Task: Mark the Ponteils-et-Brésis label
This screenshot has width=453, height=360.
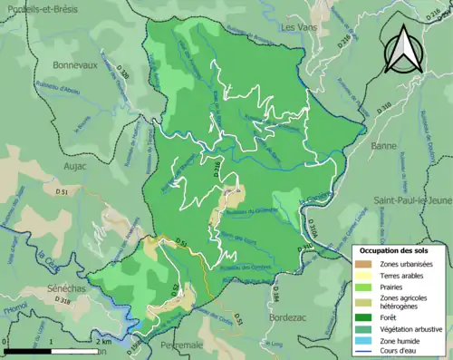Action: coord(38,7)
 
